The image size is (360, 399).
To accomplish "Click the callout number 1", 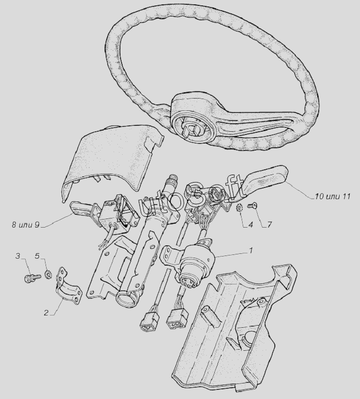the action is pos(251,251).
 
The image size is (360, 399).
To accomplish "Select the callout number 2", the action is pos(46,312).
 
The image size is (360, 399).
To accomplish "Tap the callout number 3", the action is pos(18,256).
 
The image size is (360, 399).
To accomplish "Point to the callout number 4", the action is pos(251,225).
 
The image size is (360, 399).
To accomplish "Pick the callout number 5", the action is pos(37,256).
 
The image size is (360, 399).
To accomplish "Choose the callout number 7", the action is pos(269,225).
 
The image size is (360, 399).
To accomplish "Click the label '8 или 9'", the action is pos(26,225).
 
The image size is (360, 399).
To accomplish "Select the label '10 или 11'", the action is pos(333,196).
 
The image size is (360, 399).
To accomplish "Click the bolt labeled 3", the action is pos(33,277).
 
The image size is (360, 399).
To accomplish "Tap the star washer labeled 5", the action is pos(47,275).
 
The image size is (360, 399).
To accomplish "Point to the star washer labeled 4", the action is pos(239,207).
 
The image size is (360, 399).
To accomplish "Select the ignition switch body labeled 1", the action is pos(196,262).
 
